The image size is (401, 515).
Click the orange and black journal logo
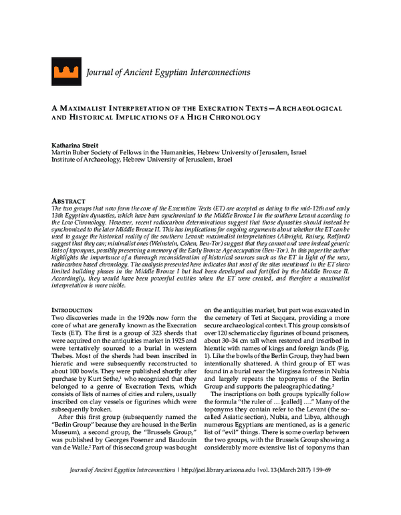[65, 69]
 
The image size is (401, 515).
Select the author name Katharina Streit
[76, 144]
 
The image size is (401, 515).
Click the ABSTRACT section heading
[69, 201]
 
